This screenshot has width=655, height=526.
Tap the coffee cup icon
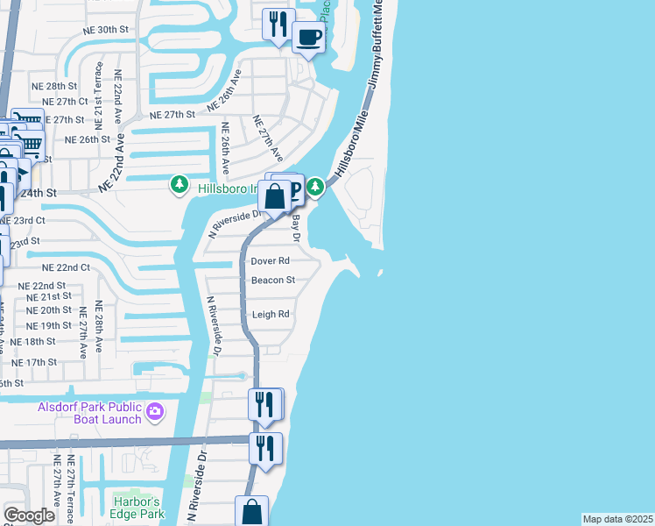[308, 38]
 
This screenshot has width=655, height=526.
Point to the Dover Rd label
[270, 261]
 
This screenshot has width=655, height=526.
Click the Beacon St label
[272, 281]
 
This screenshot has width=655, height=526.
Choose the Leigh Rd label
[270, 315]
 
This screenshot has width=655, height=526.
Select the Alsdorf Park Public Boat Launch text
[89, 413]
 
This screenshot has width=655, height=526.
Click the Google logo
[29, 515]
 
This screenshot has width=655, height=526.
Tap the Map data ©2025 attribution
[618, 519]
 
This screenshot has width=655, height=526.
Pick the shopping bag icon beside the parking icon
[274, 196]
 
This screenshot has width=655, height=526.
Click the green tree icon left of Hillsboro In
[180, 184]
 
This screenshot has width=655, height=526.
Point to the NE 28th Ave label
[99, 329]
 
